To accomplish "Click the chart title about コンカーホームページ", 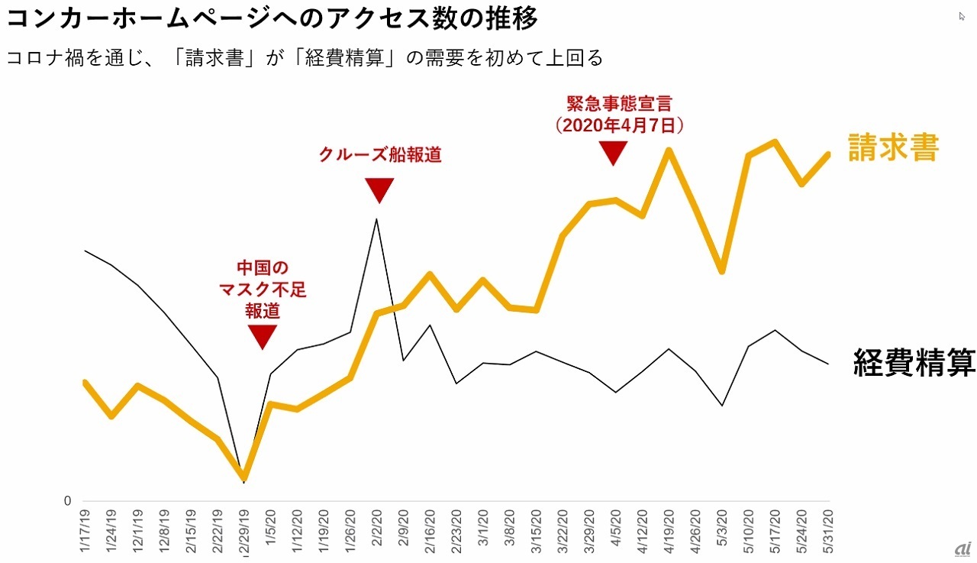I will (x=272, y=18).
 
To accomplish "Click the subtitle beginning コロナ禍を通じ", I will (x=305, y=59).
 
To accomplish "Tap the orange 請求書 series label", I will (x=893, y=148).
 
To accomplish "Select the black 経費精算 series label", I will (x=914, y=363).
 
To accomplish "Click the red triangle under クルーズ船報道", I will (x=379, y=189).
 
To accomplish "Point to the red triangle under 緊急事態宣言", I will (x=612, y=153).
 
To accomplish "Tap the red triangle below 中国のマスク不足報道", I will (x=262, y=336).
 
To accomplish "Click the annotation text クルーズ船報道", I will (x=379, y=154).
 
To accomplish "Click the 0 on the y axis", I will (x=67, y=501).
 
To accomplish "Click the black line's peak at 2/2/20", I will (x=376, y=220).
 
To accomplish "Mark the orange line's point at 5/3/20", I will (x=721, y=271).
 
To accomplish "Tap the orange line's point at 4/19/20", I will (x=669, y=150).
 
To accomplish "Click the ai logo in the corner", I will (x=959, y=549).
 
